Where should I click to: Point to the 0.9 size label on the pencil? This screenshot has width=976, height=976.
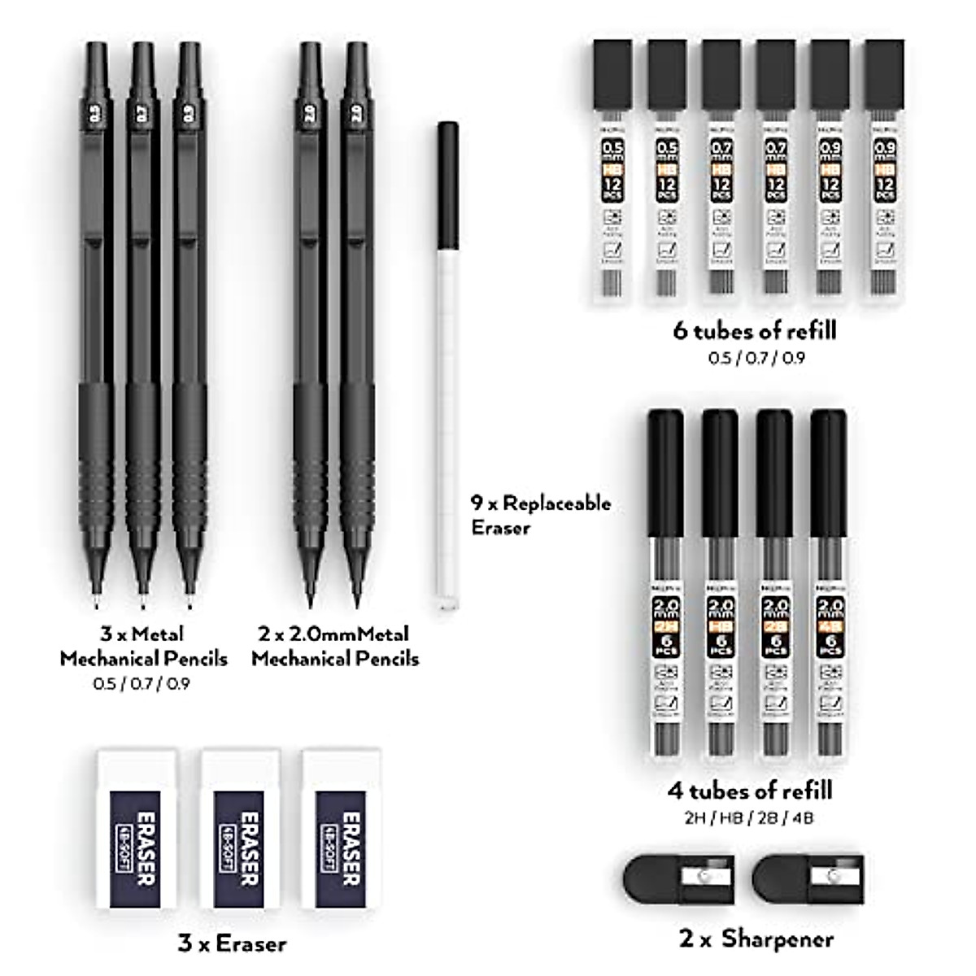point(189,116)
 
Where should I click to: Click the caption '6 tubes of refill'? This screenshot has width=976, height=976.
point(754,330)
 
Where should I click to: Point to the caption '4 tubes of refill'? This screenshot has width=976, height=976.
point(750,790)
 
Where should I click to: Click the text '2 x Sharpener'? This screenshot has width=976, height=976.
point(756,939)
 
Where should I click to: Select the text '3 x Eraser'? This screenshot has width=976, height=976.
point(232,943)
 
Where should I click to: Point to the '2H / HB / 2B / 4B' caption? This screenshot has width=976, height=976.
point(750,817)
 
